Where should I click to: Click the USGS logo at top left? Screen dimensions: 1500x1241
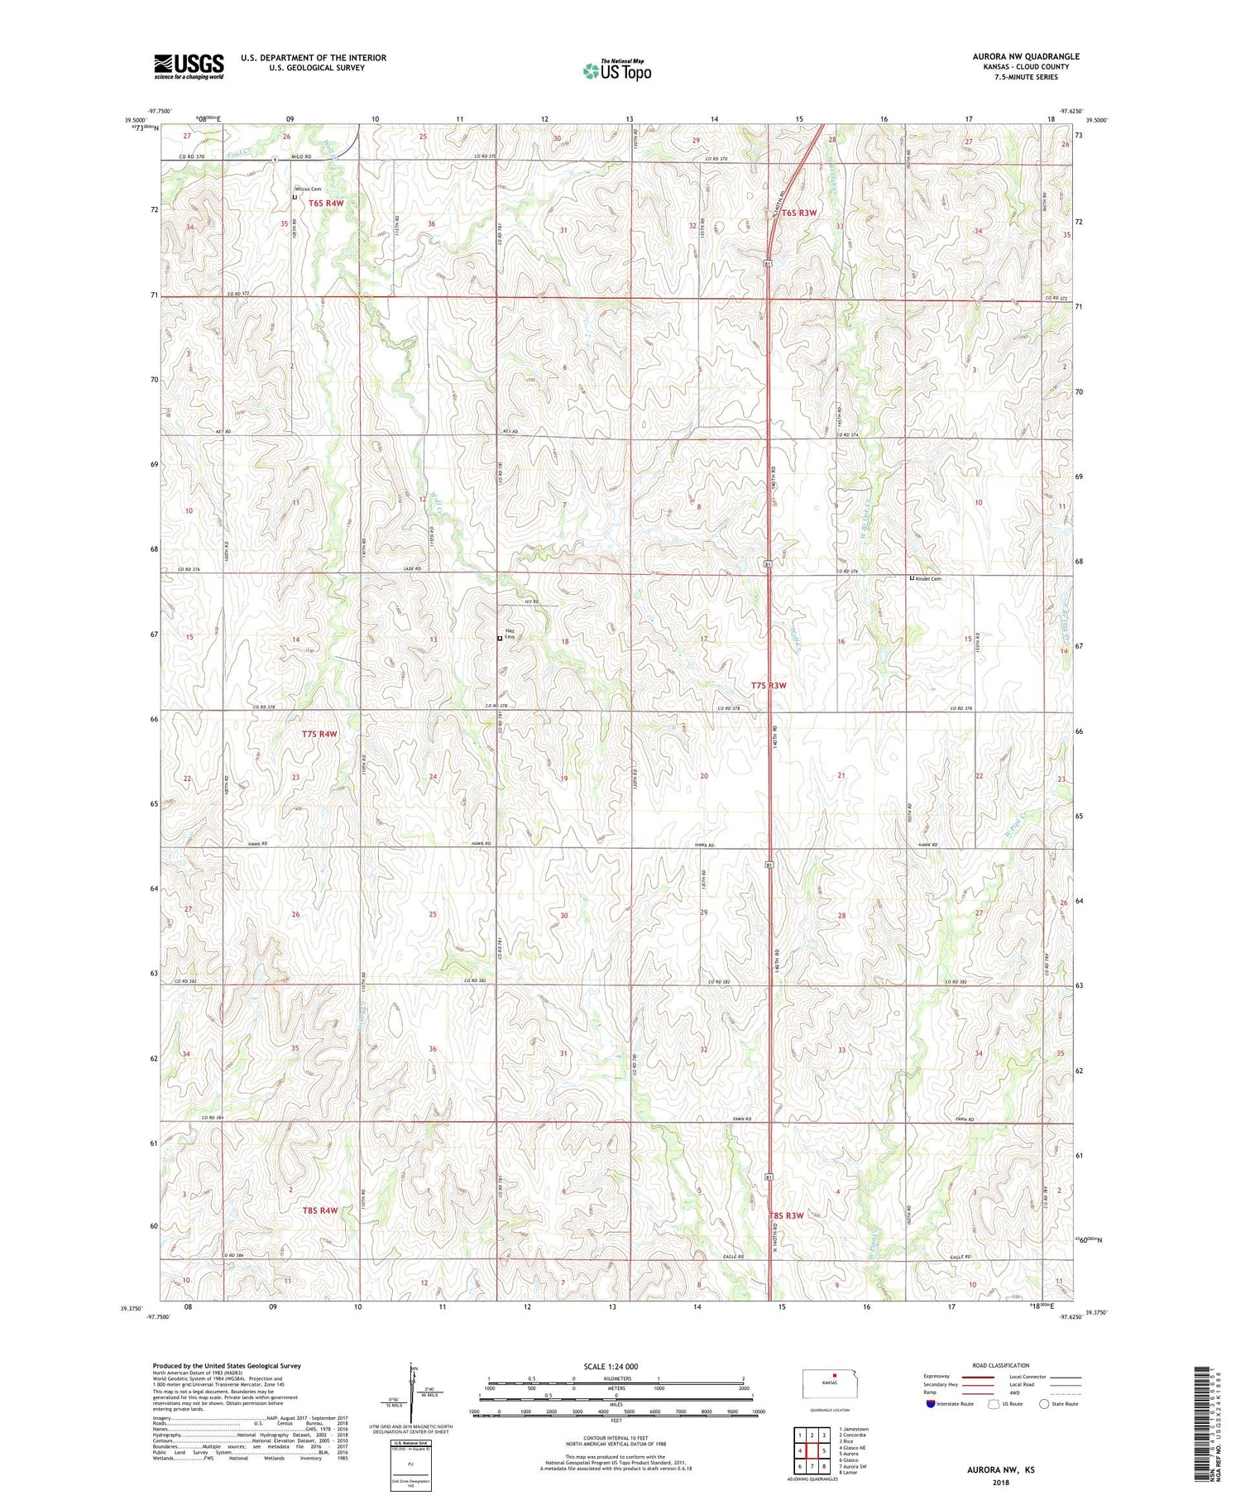tap(189, 66)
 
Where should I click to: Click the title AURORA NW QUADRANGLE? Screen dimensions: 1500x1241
tap(1026, 56)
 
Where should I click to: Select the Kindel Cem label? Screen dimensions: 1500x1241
tap(930, 579)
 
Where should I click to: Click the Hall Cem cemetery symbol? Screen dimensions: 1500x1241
tap(499, 639)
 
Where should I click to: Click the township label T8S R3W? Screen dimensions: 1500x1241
tap(786, 1215)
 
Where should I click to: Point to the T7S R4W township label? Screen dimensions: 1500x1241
tap(319, 734)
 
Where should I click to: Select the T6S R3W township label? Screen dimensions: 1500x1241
tap(799, 213)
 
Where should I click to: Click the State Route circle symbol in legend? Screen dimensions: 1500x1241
tap(1044, 1404)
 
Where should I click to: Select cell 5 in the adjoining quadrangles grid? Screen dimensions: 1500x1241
tap(824, 1450)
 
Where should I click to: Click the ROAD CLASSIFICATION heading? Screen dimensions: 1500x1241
tap(1001, 1365)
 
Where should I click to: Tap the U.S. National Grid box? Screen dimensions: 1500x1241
tap(410, 1464)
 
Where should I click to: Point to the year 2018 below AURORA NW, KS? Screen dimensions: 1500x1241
tap(1000, 1483)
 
